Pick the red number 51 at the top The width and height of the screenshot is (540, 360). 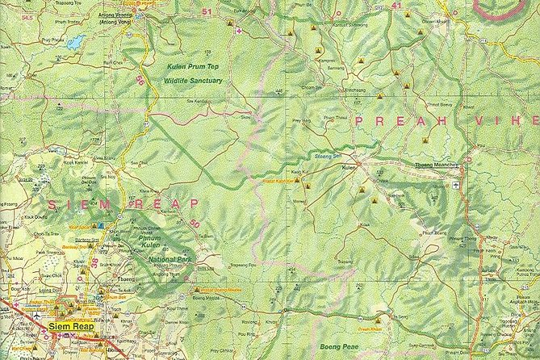point(208,12)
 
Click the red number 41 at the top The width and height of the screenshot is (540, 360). point(396,5)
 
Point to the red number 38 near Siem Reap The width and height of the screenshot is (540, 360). point(95,262)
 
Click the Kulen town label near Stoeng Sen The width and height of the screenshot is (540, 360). point(350,168)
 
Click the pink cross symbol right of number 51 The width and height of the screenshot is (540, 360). point(238,30)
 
